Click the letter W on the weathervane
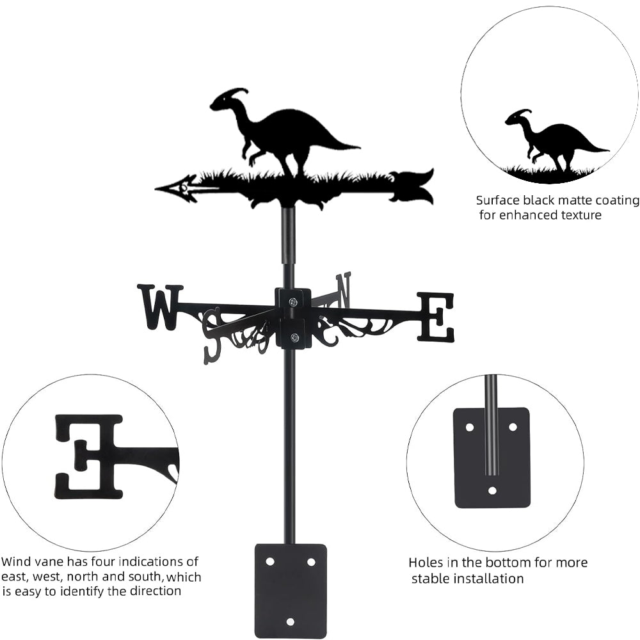(x=159, y=306)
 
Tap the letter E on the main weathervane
(x=436, y=317)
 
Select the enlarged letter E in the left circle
(x=89, y=456)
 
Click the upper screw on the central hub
(x=293, y=302)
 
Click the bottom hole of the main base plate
(x=291, y=621)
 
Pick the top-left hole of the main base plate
(x=269, y=561)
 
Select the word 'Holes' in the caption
(x=426, y=563)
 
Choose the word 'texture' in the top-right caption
(x=579, y=215)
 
